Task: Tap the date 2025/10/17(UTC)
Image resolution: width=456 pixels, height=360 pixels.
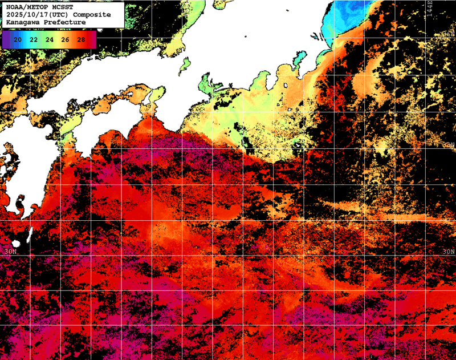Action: point(34,14)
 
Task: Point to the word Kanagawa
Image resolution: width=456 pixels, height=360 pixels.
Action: point(22,22)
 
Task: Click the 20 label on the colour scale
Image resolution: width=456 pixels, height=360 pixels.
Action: point(18,39)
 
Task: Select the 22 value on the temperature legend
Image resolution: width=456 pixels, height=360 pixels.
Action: point(34,39)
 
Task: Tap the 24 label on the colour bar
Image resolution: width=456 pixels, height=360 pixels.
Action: point(50,39)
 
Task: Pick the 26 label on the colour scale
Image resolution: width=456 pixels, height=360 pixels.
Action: point(65,39)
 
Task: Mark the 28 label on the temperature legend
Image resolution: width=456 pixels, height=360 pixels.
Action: point(81,39)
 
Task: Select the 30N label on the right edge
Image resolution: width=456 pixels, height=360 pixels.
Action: point(448,251)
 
